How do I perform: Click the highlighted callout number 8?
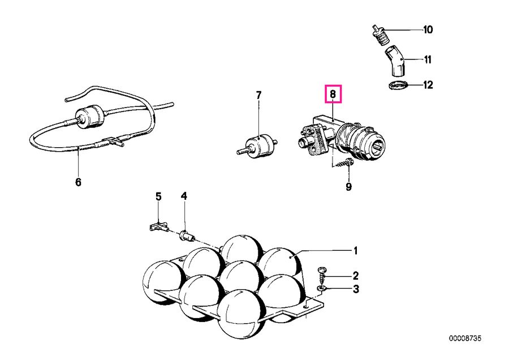pyautogui.click(x=333, y=94)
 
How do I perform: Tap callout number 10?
pyautogui.click(x=428, y=30)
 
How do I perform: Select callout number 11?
pyautogui.click(x=428, y=60)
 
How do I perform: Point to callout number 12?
pyautogui.click(x=428, y=85)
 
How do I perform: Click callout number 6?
pyautogui.click(x=78, y=182)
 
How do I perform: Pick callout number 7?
pyautogui.click(x=258, y=95)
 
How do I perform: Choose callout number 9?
pyautogui.click(x=348, y=187)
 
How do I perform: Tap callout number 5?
pyautogui.click(x=158, y=196)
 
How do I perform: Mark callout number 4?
pyautogui.click(x=184, y=196)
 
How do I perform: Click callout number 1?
pyautogui.click(x=356, y=251)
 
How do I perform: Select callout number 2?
pyautogui.click(x=356, y=276)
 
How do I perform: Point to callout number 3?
pyautogui.click(x=356, y=289)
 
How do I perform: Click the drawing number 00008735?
pyautogui.click(x=465, y=338)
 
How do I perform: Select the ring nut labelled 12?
pyautogui.click(x=398, y=86)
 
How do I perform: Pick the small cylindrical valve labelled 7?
pyautogui.click(x=258, y=147)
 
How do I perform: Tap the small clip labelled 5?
pyautogui.click(x=159, y=226)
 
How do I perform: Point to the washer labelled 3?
pyautogui.click(x=322, y=288)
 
